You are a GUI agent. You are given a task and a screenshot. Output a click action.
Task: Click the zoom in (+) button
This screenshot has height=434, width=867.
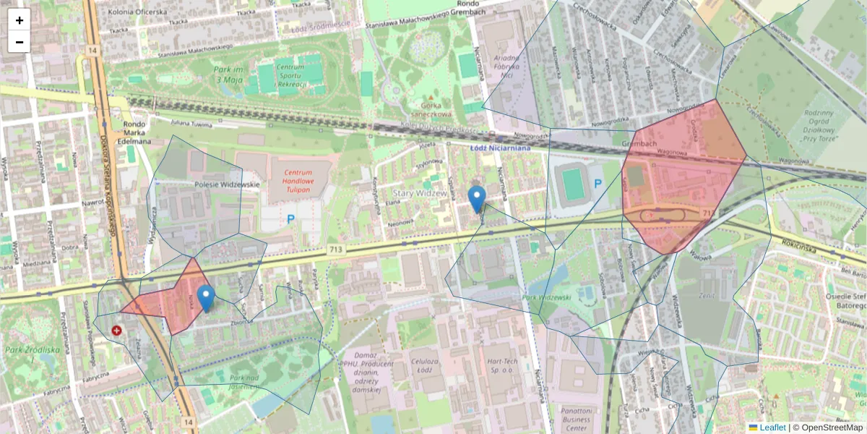point(20,20)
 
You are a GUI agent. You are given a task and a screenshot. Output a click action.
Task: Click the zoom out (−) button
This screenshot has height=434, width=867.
point(20,42)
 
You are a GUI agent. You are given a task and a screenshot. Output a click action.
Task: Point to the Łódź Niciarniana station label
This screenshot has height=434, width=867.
point(500,148)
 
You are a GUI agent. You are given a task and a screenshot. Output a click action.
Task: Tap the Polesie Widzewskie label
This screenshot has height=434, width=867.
point(227,185)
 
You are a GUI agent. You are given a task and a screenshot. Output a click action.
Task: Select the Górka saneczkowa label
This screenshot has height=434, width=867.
point(431,109)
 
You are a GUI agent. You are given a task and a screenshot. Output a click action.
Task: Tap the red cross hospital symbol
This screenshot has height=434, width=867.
point(117,331)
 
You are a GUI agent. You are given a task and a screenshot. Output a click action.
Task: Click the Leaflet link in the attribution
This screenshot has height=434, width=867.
point(772,427)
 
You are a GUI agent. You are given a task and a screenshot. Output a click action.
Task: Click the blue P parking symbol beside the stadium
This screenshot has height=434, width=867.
point(598,184)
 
